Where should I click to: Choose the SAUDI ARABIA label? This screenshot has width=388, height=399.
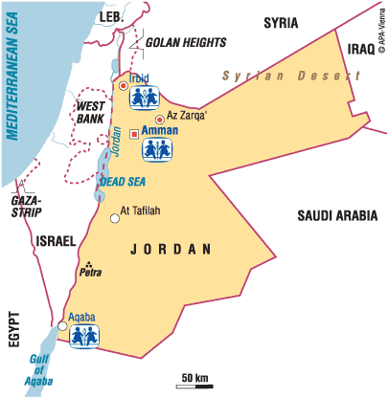pos(335,215)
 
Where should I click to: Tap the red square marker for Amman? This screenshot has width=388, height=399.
pos(133,134)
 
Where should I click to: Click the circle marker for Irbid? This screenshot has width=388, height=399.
pos(123,86)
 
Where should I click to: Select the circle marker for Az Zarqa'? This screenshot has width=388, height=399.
pos(159,118)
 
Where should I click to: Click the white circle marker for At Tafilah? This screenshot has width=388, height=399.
pos(115,218)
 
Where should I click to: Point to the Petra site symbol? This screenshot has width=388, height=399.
pos(89,263)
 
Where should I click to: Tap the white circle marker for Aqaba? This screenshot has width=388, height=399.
pos(62,327)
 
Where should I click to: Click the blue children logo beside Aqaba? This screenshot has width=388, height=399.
pos(87,335)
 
